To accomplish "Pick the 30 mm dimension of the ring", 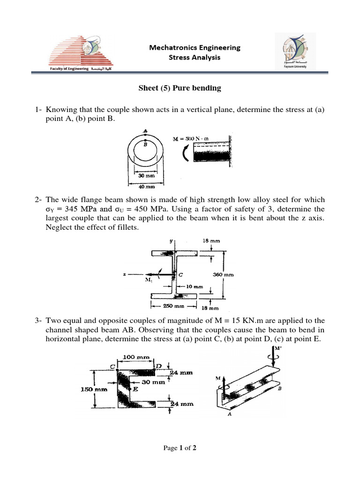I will click(146, 175).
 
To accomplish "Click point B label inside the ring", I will click(145, 145).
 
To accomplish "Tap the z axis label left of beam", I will click(125, 275).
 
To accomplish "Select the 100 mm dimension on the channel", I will click(136, 357).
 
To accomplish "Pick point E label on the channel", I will click(135, 389).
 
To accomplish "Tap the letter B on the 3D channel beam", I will click(279, 388).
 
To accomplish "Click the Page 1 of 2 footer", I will click(180, 448).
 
